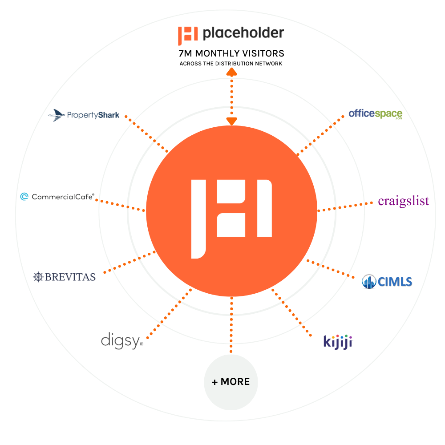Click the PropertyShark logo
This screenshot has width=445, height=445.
point(84,115)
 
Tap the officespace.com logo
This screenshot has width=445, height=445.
point(375,114)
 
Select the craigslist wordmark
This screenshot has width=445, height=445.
point(403,201)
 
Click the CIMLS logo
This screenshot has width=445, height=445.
point(387,282)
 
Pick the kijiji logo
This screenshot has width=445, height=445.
point(338,342)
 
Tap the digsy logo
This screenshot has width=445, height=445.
point(122,340)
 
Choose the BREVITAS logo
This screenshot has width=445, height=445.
point(64,277)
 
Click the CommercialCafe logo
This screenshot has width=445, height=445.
point(57,197)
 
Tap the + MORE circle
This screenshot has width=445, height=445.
point(231,382)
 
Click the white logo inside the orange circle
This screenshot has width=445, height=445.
point(231,219)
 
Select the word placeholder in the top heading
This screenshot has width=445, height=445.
point(243,33)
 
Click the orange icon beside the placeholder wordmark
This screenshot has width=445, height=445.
point(188,36)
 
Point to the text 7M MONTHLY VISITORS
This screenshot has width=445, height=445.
point(231,53)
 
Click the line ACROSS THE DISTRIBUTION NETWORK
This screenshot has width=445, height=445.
point(231,64)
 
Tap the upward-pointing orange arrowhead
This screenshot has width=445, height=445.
point(231,72)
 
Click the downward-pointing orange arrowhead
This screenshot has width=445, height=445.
point(231,121)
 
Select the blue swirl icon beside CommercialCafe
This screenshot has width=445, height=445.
point(24,196)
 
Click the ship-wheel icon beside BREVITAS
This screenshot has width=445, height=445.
point(38,277)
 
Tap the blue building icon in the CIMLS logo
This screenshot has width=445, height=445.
point(369,282)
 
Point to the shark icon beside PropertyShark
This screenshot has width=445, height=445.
point(57,115)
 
